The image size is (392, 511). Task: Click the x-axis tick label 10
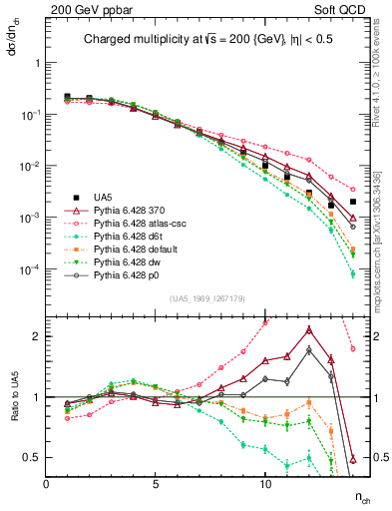click(x=265, y=484)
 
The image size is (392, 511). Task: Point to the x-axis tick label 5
click(x=156, y=484)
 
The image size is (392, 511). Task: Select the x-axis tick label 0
click(x=47, y=484)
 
